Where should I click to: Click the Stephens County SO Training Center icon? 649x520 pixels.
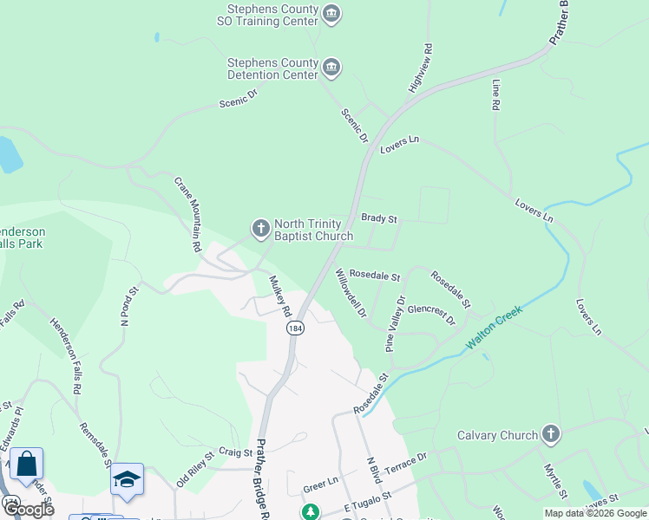[x=331, y=14]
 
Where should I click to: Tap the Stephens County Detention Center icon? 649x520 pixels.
[x=331, y=68]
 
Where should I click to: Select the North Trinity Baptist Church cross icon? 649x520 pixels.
[x=260, y=229]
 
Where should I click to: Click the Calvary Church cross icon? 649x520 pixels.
[x=550, y=434]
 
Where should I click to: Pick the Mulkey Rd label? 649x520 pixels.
[x=279, y=296]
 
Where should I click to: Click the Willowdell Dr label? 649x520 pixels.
[x=351, y=291]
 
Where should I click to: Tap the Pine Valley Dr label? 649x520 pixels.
[x=395, y=324]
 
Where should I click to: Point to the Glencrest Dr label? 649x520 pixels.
[x=431, y=313]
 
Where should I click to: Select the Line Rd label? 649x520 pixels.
[x=496, y=94]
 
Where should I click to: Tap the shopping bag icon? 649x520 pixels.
[x=26, y=465]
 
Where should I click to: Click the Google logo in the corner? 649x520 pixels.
[x=28, y=510]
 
